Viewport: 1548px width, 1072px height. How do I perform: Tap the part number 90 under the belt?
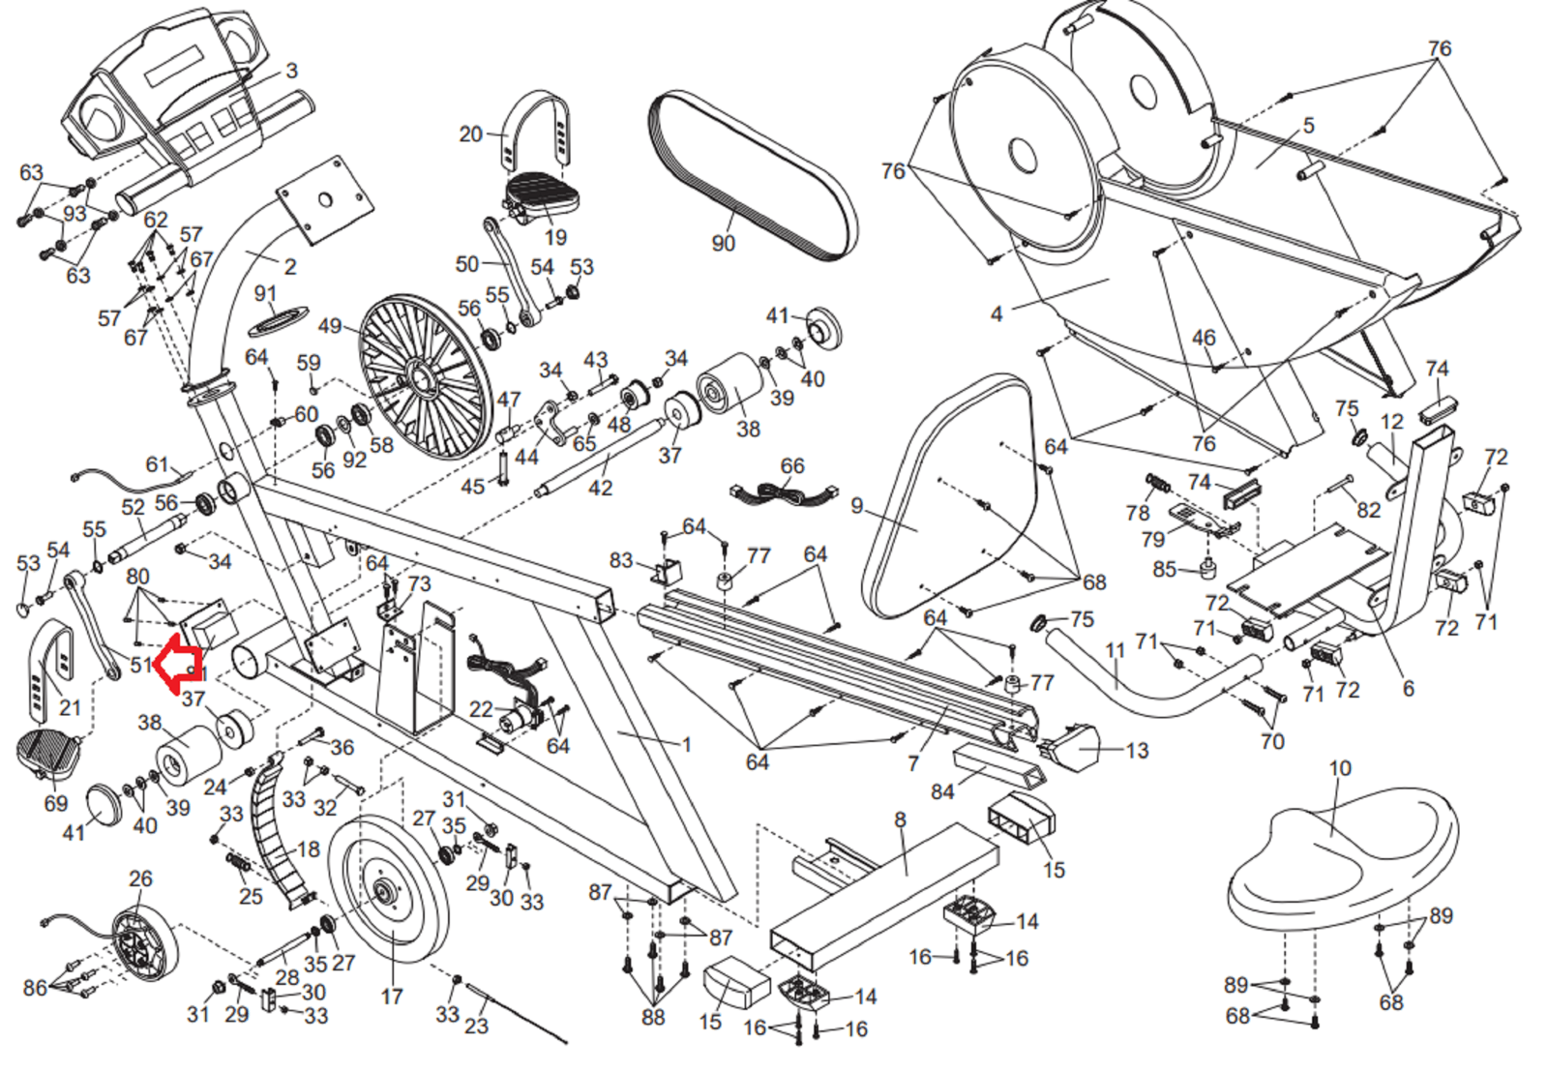click(x=723, y=243)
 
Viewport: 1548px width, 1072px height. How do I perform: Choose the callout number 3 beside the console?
click(x=291, y=71)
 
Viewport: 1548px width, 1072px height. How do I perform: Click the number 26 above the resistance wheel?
click(x=140, y=878)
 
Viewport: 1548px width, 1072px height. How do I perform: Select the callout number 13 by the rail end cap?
click(x=1137, y=751)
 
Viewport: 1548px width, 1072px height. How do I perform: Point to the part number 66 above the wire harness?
click(x=792, y=466)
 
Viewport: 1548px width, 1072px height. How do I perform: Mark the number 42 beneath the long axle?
click(x=600, y=488)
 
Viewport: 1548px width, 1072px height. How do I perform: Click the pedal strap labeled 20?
click(x=535, y=131)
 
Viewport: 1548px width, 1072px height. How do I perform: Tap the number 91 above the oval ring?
click(x=265, y=293)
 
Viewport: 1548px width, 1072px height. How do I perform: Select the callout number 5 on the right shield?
click(x=1308, y=126)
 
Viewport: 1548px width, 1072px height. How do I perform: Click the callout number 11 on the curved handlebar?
click(x=1116, y=650)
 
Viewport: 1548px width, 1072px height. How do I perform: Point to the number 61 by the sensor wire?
click(x=157, y=464)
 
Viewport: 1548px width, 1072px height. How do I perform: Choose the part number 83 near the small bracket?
click(x=620, y=560)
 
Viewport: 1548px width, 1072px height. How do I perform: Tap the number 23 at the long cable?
click(x=476, y=1026)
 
